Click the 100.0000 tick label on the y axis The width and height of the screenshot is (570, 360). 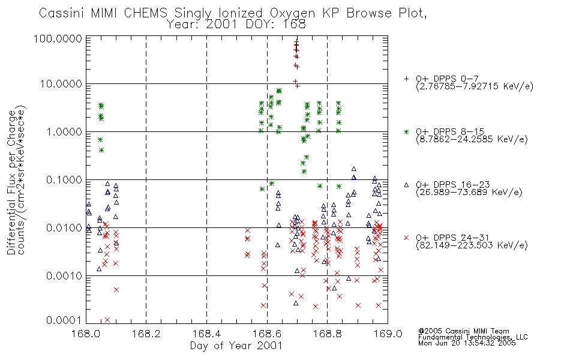click(58, 38)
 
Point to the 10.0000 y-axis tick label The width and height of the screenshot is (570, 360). click(61, 84)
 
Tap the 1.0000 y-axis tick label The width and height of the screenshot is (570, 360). click(64, 131)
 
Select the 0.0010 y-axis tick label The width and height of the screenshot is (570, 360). click(64, 275)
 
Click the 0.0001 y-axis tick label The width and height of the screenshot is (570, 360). click(64, 320)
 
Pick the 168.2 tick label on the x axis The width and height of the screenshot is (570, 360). click(146, 334)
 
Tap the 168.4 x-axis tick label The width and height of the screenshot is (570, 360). click(206, 334)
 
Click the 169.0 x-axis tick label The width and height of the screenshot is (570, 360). click(388, 334)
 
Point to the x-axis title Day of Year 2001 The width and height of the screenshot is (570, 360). click(236, 346)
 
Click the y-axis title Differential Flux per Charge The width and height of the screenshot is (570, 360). click(12, 182)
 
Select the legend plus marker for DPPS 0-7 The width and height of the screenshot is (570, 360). click(406, 79)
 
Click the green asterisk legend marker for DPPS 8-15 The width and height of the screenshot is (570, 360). click(406, 131)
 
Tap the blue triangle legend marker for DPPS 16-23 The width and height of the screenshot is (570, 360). click(406, 185)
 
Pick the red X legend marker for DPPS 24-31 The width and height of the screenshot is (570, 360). click(406, 238)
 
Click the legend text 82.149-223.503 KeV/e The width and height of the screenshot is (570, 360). click(472, 245)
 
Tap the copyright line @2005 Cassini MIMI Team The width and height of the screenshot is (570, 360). click(464, 331)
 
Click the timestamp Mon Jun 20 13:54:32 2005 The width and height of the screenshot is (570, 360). click(467, 343)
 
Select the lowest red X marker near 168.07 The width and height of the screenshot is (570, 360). click(107, 320)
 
